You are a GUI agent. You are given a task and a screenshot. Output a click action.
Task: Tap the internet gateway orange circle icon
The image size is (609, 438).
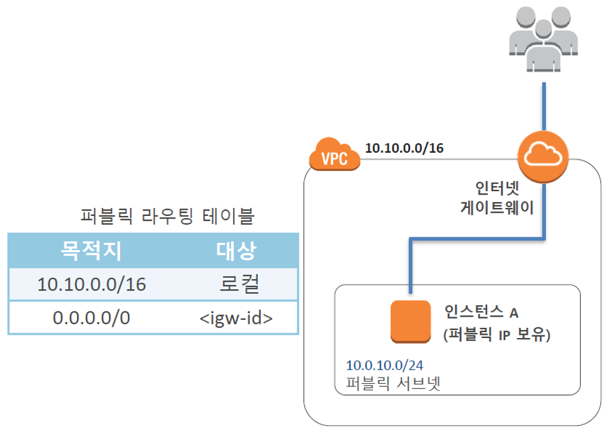(x=543, y=158)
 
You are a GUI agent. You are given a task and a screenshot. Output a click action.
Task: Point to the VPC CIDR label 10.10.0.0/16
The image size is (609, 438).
(x=404, y=148)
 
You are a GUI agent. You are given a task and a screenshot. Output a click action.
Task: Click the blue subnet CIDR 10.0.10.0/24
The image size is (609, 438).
(x=385, y=366)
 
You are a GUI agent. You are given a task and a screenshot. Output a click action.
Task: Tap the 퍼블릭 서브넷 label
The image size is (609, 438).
(x=389, y=384)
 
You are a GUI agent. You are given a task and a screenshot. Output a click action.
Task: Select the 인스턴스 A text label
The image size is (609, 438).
(x=481, y=312)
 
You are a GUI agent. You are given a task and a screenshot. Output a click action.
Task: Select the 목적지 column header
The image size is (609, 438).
(x=92, y=250)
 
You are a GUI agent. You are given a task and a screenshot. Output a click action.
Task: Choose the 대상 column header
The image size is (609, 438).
(x=236, y=250)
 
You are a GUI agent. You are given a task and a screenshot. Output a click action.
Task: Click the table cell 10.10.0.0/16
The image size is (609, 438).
(x=92, y=284)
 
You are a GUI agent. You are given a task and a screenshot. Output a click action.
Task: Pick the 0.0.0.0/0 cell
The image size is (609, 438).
(x=92, y=318)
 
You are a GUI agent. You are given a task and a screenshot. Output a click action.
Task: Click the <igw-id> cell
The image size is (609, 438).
(x=236, y=318)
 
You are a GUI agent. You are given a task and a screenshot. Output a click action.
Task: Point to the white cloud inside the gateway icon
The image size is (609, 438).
(x=543, y=156)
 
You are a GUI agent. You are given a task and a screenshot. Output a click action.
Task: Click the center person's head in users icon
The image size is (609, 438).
(x=541, y=30)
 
